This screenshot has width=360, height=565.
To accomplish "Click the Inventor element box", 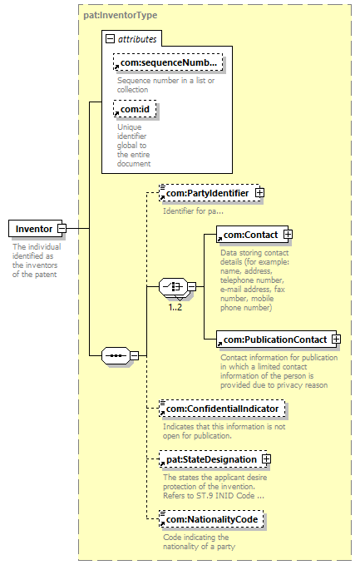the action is click(x=35, y=229).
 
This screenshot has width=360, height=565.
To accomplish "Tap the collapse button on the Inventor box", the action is click(x=62, y=228).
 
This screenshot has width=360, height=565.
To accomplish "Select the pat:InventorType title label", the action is click(x=121, y=15).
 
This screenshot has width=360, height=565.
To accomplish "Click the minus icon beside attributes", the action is click(x=110, y=38).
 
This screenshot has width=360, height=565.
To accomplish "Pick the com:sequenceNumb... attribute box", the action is click(x=168, y=62).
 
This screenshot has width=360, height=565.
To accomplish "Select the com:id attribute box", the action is click(x=135, y=109).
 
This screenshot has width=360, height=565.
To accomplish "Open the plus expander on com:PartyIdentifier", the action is click(x=259, y=193).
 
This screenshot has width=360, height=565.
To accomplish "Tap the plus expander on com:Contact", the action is click(x=288, y=234).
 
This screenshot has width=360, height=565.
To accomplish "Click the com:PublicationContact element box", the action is click(x=276, y=339).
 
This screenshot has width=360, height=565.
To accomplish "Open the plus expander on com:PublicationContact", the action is click(x=336, y=339).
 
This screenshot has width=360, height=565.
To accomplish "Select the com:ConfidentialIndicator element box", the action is click(x=222, y=409).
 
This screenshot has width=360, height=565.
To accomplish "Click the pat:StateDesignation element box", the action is click(x=213, y=459).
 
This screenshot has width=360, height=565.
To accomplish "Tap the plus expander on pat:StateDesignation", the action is click(x=266, y=459).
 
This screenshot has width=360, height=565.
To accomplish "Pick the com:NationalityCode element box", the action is click(x=211, y=519).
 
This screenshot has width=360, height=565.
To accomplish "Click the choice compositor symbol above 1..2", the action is click(x=174, y=287).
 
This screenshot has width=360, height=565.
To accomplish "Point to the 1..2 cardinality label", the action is click(x=175, y=307).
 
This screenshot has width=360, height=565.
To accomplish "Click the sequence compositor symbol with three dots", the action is click(x=116, y=355).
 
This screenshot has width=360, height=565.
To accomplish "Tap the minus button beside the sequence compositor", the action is click(x=135, y=355).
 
